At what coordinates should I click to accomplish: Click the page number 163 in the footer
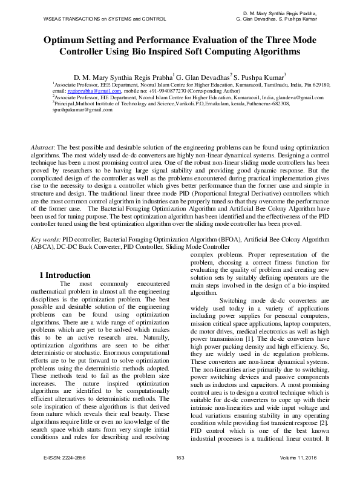coord(180,457)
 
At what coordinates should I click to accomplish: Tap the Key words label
coord(44,240)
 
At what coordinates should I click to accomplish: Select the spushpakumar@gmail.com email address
coord(74,110)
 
